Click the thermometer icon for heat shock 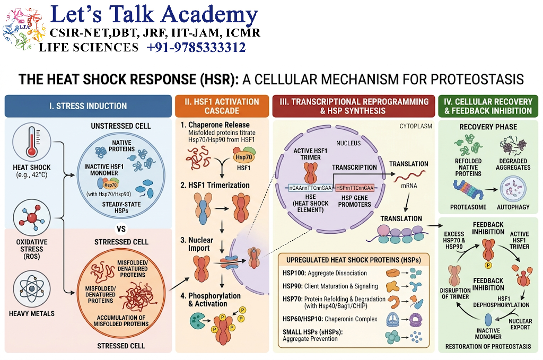(x=31, y=142)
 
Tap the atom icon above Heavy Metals (x=31, y=289)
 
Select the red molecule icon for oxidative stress (x=31, y=218)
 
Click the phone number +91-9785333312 (x=196, y=47)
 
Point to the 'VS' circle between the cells (x=121, y=229)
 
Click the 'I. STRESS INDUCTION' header (x=88, y=106)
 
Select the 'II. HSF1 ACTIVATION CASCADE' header (x=222, y=106)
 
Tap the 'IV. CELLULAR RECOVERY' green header (x=488, y=106)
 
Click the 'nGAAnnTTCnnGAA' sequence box (x=310, y=188)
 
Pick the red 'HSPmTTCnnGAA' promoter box (x=355, y=188)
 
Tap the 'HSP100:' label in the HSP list (x=294, y=273)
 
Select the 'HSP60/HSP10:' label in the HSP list (x=303, y=319)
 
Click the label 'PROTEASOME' (x=468, y=207)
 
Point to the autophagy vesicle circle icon (x=513, y=189)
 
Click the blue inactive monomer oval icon (x=488, y=320)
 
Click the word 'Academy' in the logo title (x=209, y=14)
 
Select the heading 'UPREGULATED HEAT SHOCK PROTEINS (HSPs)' (x=354, y=260)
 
